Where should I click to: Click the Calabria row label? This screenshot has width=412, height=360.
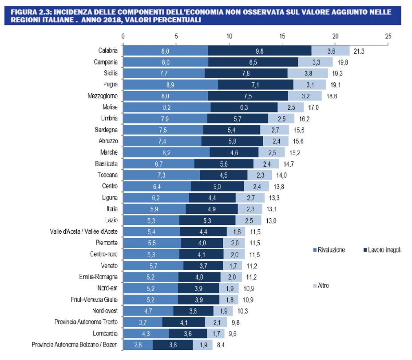(x=108, y=51)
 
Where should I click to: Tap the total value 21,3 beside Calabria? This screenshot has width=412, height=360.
(x=359, y=51)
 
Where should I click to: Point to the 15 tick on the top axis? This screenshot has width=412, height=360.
(x=282, y=36)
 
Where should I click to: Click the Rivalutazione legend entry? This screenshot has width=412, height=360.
(x=331, y=251)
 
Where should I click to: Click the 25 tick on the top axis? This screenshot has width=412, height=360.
(x=388, y=36)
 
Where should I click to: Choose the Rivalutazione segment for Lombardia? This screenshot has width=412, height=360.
(x=146, y=333)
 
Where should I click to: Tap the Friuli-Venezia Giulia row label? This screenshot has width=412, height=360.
(x=94, y=299)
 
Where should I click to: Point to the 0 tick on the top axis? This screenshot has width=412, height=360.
(x=123, y=36)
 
